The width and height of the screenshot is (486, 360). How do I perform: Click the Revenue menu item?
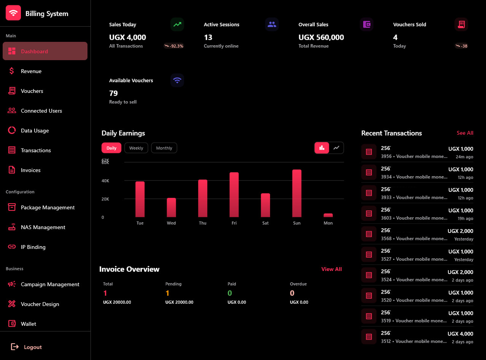(x=31, y=71)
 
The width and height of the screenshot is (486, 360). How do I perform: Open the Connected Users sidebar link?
(x=41, y=111)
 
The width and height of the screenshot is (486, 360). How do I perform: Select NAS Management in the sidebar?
(x=43, y=227)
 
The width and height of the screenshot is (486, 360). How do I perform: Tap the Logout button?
(x=33, y=347)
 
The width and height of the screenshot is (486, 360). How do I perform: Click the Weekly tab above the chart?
(x=136, y=148)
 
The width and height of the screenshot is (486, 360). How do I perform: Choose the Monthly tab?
(x=164, y=148)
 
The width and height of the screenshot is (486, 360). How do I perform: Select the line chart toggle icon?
(x=336, y=148)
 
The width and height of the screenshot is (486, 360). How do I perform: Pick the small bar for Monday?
(x=328, y=215)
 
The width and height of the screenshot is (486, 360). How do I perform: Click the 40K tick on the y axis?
(x=105, y=181)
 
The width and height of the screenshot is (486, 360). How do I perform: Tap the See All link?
(x=465, y=133)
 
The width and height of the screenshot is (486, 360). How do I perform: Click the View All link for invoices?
(x=331, y=269)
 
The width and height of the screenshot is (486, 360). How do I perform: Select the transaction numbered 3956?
(x=417, y=152)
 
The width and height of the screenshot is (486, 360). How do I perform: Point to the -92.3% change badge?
(x=174, y=46)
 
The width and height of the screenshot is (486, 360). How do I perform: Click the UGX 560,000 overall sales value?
(x=321, y=37)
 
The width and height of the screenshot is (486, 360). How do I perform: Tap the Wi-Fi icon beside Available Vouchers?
(x=177, y=80)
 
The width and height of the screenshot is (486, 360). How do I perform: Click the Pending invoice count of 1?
(x=167, y=293)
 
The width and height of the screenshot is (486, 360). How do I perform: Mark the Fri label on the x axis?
(x=234, y=223)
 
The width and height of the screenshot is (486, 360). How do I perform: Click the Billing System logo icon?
(x=13, y=13)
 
